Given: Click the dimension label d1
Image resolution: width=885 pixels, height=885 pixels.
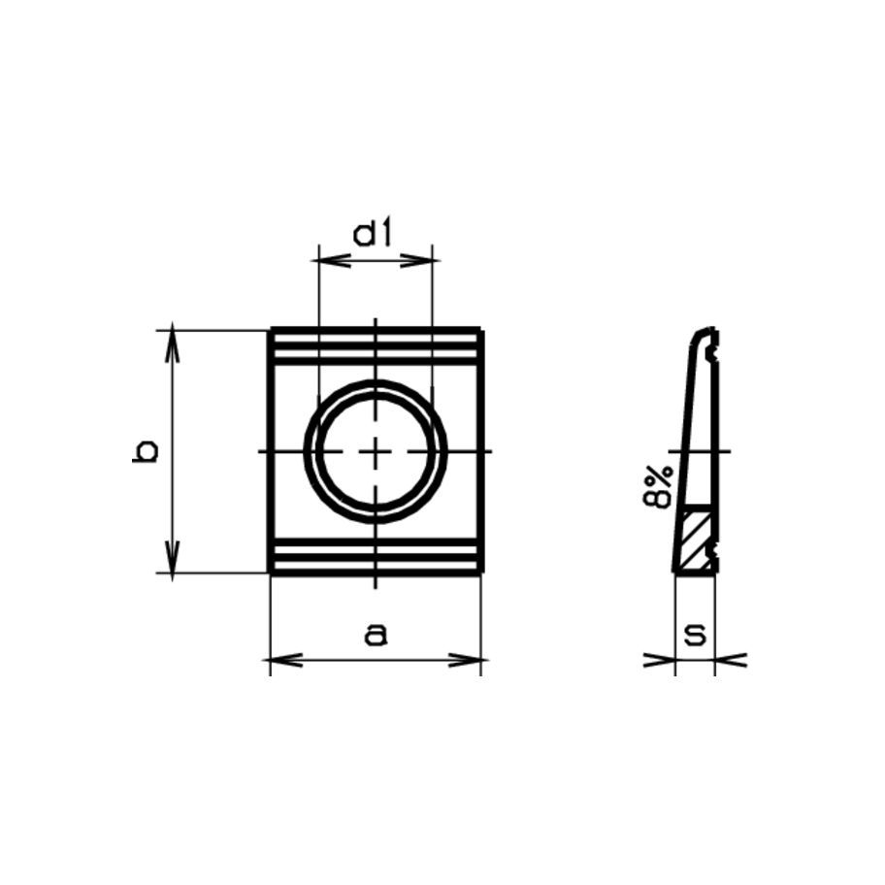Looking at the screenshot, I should click(373, 235).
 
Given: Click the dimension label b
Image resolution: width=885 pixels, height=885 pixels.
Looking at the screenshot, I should click(146, 451).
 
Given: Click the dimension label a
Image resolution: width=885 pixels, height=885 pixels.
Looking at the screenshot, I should click(376, 636).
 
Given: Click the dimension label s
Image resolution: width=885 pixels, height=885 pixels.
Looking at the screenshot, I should click(694, 636).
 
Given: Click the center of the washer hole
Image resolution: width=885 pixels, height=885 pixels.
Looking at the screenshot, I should click(376, 451).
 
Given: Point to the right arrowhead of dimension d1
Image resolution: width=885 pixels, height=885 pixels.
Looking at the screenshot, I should click(424, 260).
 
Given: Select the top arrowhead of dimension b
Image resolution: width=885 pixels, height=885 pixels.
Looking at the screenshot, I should click(173, 340).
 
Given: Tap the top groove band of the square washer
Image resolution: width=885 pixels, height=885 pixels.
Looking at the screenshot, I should click(376, 348).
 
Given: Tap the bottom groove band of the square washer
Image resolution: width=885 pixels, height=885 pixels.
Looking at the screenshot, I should click(376, 556).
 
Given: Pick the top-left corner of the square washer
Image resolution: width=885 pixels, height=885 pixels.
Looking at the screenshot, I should click(271, 331).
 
